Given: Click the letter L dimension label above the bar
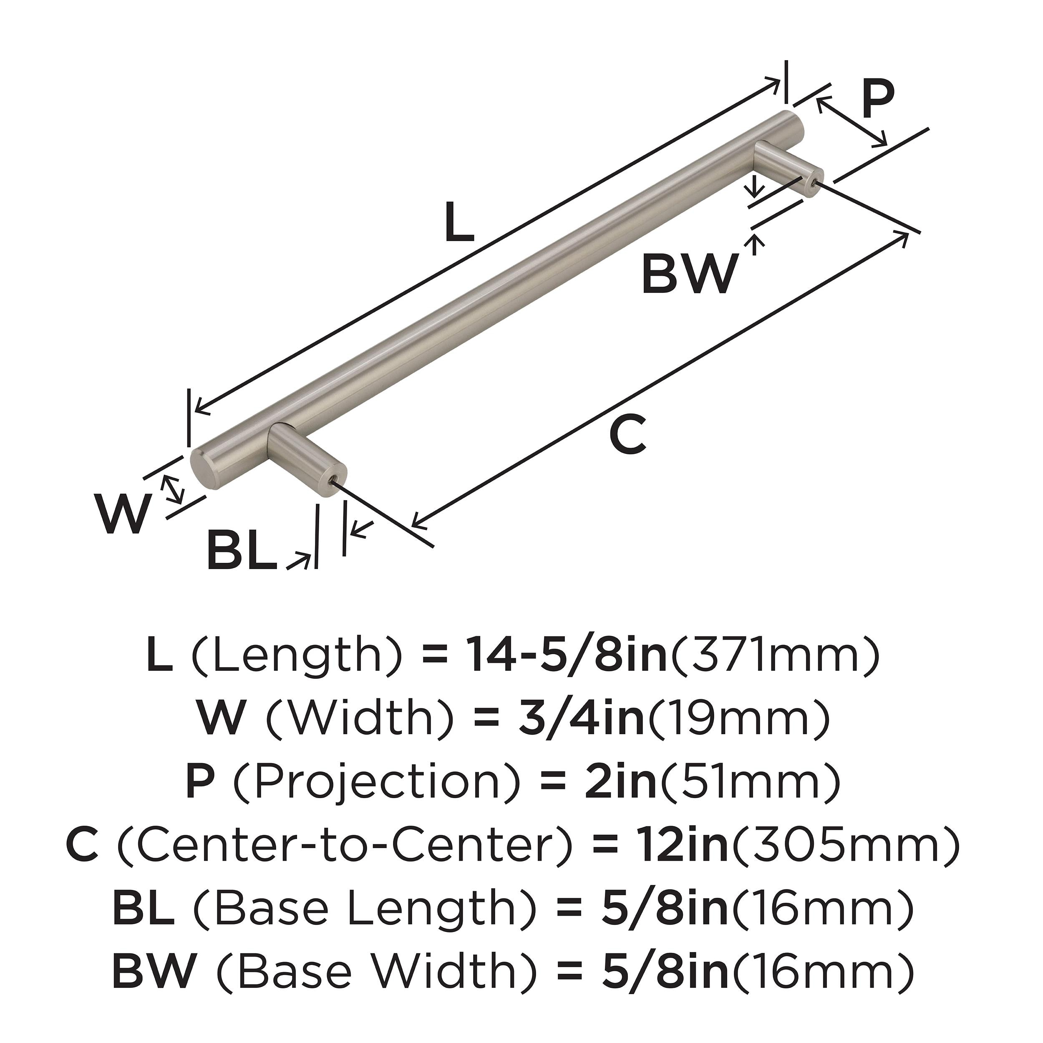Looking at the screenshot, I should [459, 222].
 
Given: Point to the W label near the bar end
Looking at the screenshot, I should [122, 514].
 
